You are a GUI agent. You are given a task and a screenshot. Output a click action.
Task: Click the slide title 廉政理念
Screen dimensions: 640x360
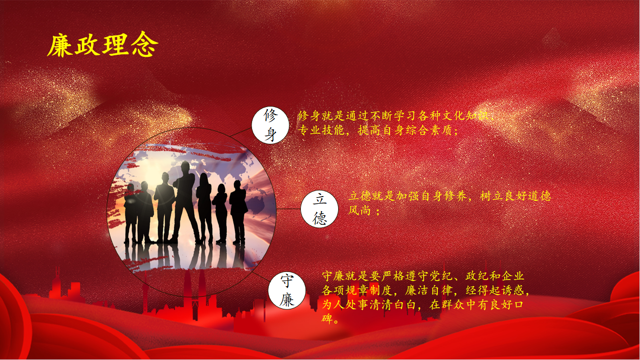(x=103, y=45)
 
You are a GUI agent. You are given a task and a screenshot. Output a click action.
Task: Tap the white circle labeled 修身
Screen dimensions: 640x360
(x=270, y=125)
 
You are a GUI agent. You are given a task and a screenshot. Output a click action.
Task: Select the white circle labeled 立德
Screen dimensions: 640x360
(x=319, y=209)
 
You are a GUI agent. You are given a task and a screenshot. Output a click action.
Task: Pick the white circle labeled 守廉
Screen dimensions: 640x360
(x=287, y=291)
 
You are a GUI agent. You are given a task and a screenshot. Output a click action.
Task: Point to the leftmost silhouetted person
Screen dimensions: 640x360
(x=130, y=213)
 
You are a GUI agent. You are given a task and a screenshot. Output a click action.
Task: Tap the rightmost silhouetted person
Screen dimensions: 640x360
(x=238, y=212)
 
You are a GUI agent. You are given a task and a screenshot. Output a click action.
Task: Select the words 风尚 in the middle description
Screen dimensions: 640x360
(x=359, y=210)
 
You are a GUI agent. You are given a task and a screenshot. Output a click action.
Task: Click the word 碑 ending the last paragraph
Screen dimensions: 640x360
(x=327, y=318)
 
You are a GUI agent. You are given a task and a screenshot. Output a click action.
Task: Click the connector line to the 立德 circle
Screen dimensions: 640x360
(x=288, y=209)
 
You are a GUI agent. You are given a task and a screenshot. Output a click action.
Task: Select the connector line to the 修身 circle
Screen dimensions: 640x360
(x=241, y=132)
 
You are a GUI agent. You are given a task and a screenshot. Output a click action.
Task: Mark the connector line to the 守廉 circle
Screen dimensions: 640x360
(x=261, y=276)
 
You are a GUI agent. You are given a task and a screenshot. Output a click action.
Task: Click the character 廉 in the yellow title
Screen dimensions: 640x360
(x=60, y=45)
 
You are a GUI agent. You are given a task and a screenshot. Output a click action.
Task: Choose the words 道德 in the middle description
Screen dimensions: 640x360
(x=539, y=196)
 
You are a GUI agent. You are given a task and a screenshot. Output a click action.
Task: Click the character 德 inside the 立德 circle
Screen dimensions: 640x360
(x=319, y=218)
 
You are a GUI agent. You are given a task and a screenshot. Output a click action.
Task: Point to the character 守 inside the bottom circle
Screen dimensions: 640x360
(x=287, y=281)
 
